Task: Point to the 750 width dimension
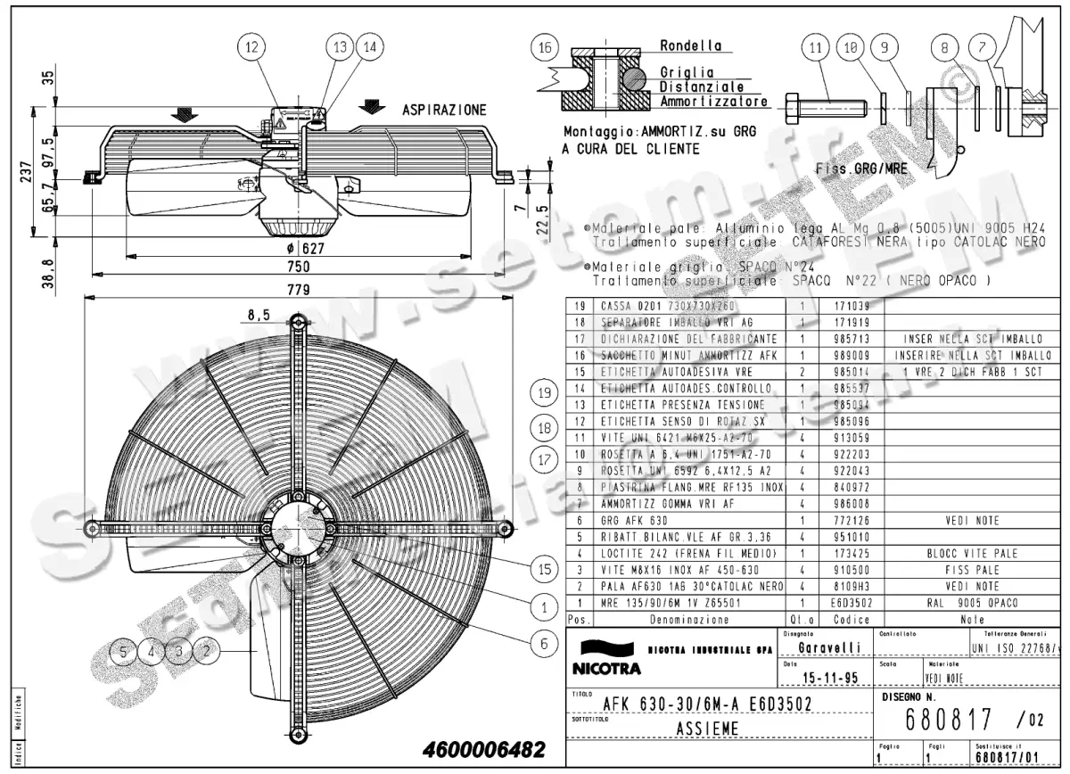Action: tap(297, 267)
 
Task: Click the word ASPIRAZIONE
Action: tap(444, 110)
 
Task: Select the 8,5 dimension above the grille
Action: tap(258, 314)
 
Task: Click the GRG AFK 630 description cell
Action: tap(635, 520)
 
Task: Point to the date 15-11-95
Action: tap(831, 679)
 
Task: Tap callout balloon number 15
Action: tap(543, 568)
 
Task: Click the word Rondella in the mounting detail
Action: tap(690, 45)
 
